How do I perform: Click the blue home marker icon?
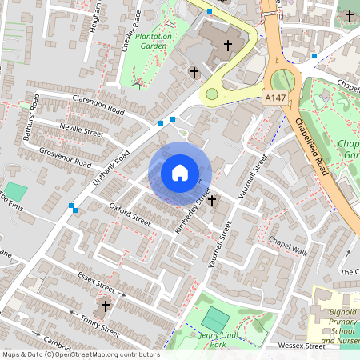[180, 173]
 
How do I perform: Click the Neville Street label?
[82, 130]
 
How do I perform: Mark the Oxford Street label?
[130, 214]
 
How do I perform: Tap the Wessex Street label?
[301, 346]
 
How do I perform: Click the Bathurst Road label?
[31, 117]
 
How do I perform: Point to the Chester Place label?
[131, 30]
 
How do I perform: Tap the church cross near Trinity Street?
[105, 306]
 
